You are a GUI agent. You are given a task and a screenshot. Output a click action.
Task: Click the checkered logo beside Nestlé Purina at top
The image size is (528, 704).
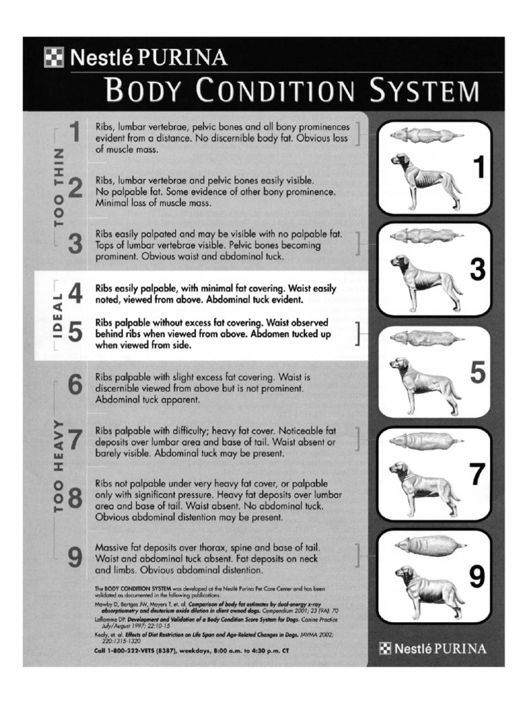[53, 57]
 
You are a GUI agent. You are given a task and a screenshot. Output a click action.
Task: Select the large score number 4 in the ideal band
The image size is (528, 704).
[76, 294]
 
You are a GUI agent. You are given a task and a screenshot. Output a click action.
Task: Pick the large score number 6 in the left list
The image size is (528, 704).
[76, 386]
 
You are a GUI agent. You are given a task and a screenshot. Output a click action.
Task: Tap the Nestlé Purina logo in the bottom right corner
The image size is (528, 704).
[434, 648]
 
